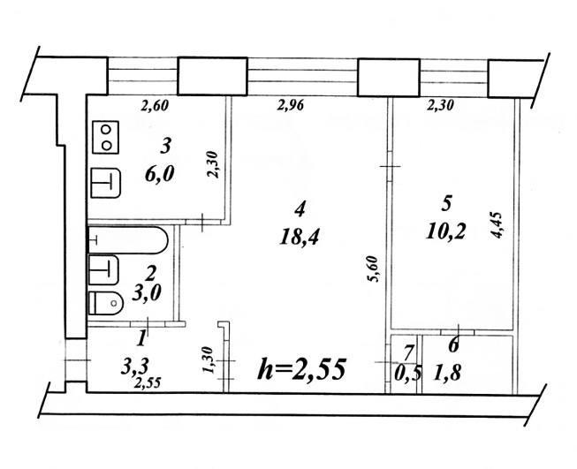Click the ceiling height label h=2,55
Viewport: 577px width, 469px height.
(301, 369)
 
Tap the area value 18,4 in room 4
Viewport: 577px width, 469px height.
(299, 237)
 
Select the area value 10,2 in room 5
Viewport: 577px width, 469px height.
(445, 231)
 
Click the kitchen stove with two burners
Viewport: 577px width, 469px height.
(106, 137)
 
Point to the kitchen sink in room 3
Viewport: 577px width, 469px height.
(106, 183)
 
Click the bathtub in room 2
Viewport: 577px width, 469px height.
(128, 240)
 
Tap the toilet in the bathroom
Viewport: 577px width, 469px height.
(106, 303)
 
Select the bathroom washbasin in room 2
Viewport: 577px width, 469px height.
(103, 270)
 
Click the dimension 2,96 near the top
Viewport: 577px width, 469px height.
(291, 106)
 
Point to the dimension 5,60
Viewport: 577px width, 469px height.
(372, 269)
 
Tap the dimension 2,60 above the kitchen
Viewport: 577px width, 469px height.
(155, 106)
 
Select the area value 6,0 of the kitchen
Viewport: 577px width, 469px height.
(159, 174)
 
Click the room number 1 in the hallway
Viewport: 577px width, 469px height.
(141, 339)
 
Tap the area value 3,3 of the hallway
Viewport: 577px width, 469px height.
(134, 367)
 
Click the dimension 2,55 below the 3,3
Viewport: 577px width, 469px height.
(148, 383)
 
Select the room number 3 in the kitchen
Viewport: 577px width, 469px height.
(165, 146)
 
